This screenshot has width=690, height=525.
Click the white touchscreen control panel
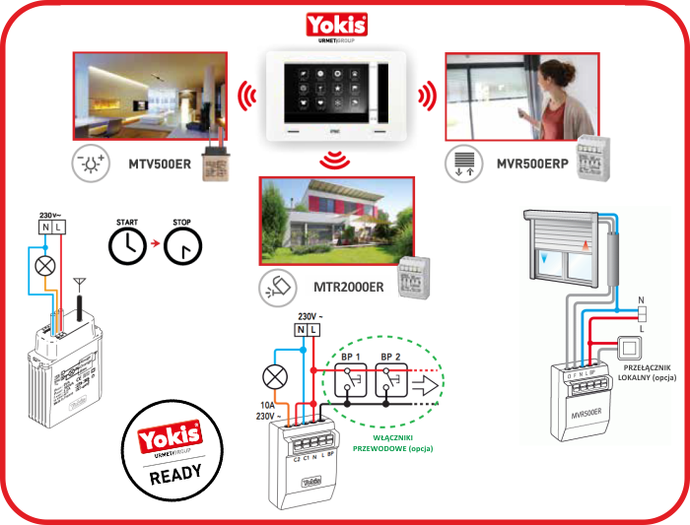338,96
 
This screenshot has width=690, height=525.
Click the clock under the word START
124,249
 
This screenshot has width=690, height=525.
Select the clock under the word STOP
181,249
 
